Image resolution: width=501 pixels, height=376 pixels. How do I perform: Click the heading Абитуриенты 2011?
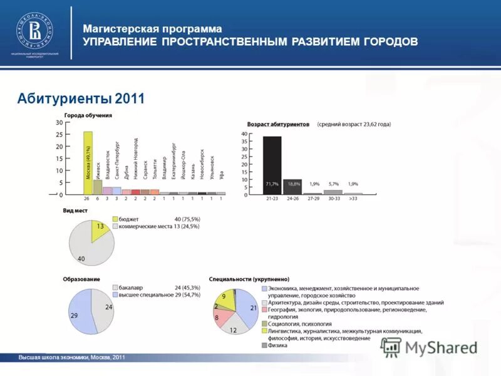[81, 98]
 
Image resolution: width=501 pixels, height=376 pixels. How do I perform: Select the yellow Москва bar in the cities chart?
[88, 163]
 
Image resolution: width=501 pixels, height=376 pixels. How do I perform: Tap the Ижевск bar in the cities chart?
[97, 187]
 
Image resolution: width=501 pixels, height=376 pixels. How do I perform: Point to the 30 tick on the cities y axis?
[59, 123]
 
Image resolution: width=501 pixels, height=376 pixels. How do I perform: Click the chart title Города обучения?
[88, 115]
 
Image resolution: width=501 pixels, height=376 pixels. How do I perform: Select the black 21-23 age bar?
[272, 165]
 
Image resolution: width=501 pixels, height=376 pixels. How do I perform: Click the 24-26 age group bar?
[292, 186]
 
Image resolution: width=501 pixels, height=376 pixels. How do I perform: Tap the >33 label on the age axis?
[353, 198]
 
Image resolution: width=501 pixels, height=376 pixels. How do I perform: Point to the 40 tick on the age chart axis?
[245, 134]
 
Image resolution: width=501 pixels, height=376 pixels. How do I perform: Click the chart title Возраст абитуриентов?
[278, 125]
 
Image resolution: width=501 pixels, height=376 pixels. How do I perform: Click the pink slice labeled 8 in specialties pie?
[220, 318]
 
